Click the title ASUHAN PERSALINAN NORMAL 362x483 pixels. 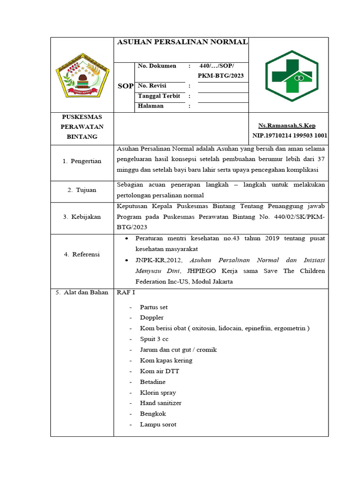[181, 42]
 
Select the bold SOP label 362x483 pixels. [125, 86]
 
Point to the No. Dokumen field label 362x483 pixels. [157, 66]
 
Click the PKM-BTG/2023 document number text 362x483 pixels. [221, 76]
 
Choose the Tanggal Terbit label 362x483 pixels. [159, 96]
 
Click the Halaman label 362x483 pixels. [151, 106]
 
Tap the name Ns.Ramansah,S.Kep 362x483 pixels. [287, 126]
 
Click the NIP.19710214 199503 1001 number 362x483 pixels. [290, 136]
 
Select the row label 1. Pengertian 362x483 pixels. [82, 161]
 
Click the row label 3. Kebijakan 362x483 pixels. [82, 217]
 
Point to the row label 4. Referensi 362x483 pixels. [82, 255]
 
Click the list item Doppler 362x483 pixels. [152, 318]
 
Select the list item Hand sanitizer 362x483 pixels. [161, 403]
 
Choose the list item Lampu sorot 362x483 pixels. [158, 425]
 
